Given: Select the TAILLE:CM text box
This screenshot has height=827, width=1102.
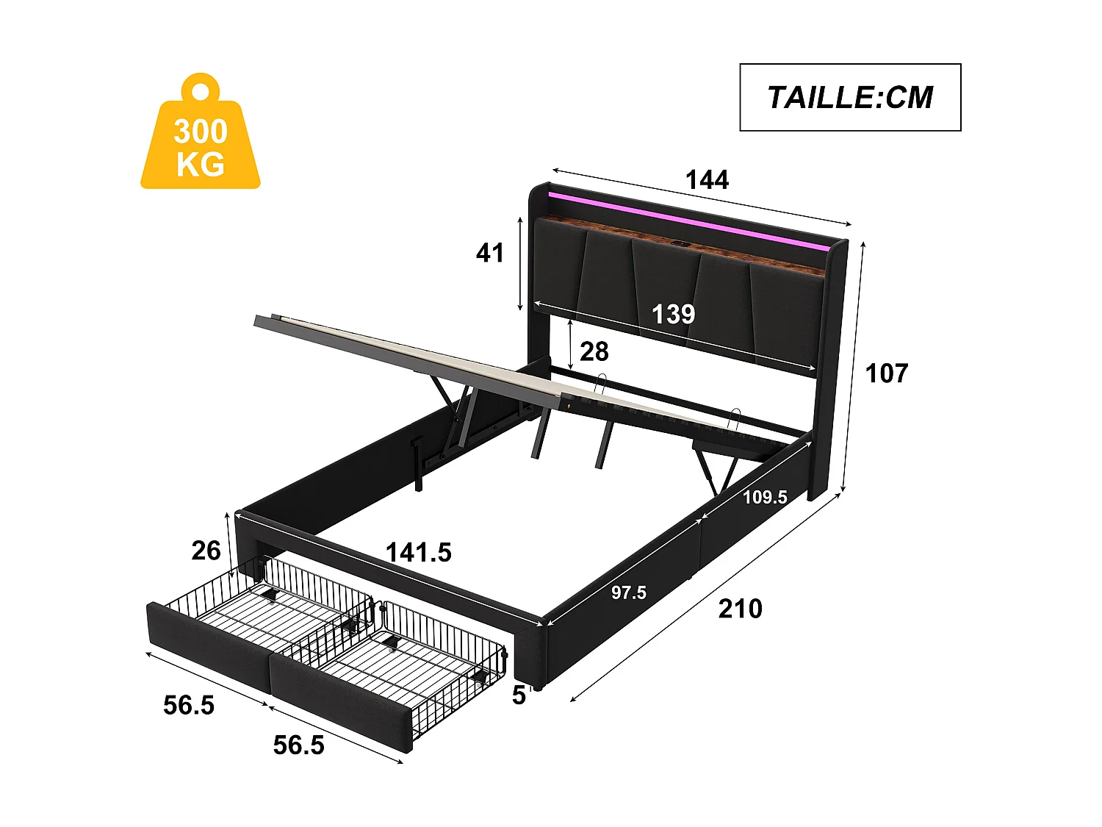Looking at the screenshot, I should [849, 97].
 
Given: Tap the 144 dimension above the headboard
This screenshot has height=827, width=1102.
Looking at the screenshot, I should [706, 180].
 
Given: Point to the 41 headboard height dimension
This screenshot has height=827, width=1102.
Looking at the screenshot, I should [490, 253].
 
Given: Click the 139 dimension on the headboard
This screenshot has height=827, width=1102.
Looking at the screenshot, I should [673, 315].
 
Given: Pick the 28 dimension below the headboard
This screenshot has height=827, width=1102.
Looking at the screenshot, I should [594, 351].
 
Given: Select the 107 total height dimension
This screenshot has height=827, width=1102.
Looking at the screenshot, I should [887, 373].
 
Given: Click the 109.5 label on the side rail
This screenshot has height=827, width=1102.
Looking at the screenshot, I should [764, 498].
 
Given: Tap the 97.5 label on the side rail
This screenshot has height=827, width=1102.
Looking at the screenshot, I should [629, 592].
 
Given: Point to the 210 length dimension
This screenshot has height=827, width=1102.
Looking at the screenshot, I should [740, 609].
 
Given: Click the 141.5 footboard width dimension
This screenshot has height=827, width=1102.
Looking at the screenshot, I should [418, 552].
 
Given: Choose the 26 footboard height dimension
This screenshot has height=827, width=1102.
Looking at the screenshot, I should [206, 551].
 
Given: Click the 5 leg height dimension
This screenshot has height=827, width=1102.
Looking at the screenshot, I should [519, 695].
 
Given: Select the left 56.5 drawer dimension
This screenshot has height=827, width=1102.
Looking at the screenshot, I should [189, 705].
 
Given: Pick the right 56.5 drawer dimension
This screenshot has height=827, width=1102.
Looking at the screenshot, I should [298, 745].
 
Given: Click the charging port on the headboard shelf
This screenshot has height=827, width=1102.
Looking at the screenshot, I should [679, 245].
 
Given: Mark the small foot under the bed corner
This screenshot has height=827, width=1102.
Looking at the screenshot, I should [541, 687].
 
